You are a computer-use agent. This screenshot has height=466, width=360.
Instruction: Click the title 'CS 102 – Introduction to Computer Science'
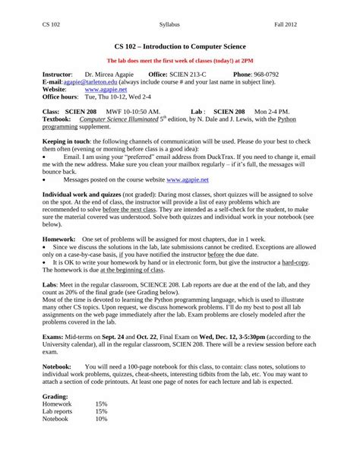click(x=179, y=46)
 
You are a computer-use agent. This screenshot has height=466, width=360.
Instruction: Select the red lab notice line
click(x=179, y=60)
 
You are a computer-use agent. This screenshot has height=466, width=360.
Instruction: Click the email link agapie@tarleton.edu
click(x=84, y=81)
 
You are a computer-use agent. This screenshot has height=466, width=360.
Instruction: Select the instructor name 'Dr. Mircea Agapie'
click(x=106, y=74)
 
